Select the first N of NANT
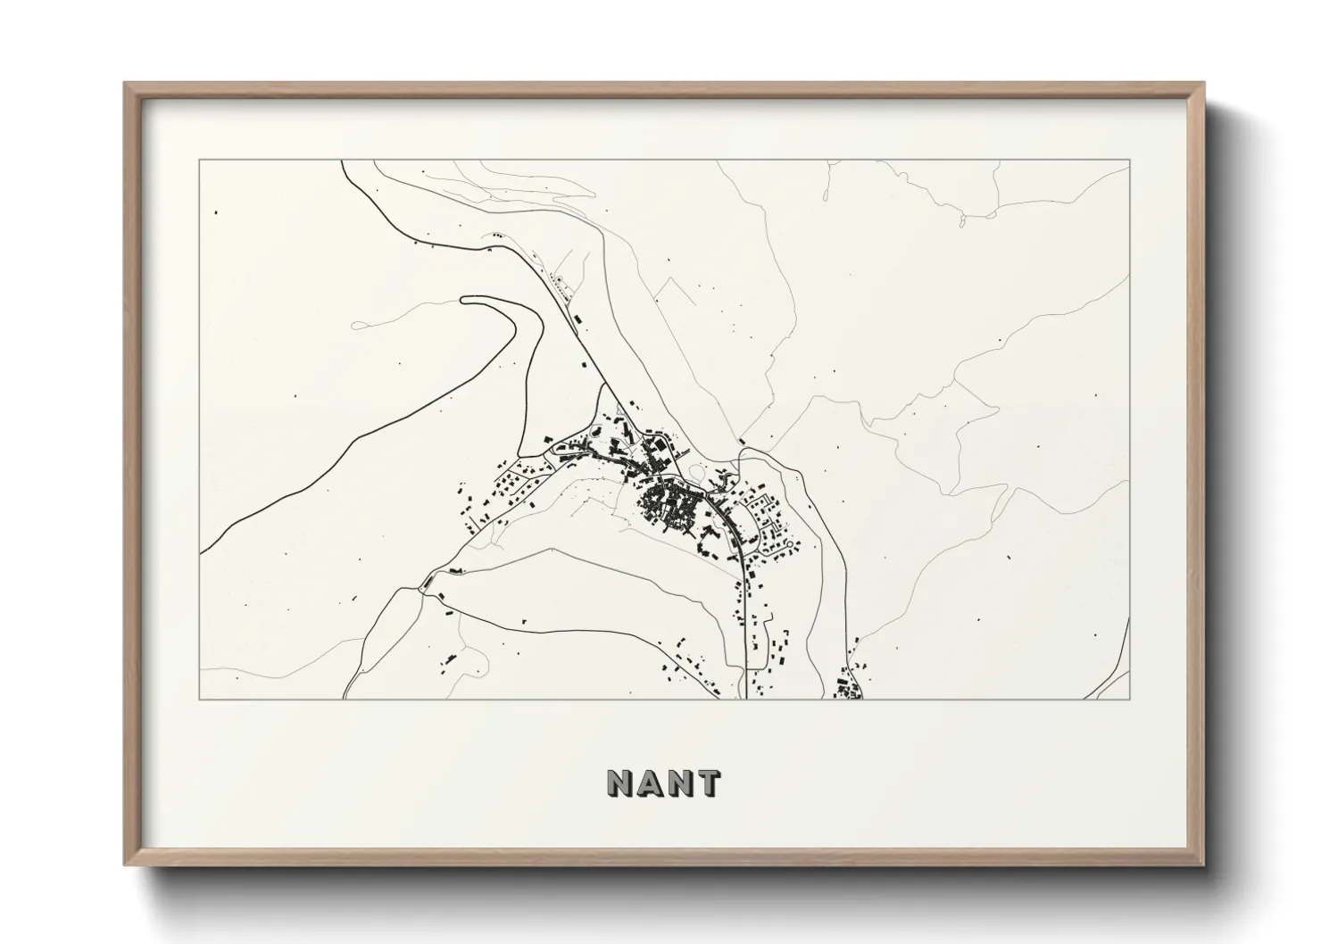pyautogui.click(x=620, y=783)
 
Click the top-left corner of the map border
pyautogui.click(x=200, y=161)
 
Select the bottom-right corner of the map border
pyautogui.click(x=1129, y=699)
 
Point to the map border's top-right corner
pyautogui.click(x=1129, y=161)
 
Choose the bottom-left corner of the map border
pyautogui.click(x=200, y=699)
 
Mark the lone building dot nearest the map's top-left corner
pyautogui.click(x=215, y=213)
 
